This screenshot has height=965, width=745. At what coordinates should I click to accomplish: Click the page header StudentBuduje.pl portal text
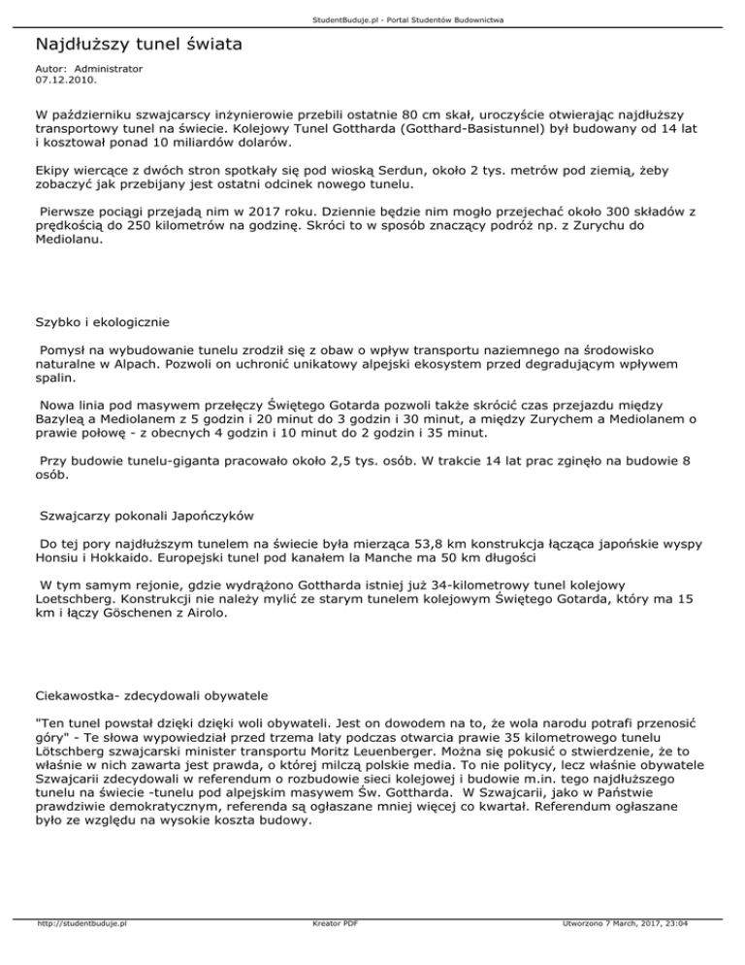[x=372, y=19]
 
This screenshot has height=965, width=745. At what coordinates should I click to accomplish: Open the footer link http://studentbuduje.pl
[x=83, y=951]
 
